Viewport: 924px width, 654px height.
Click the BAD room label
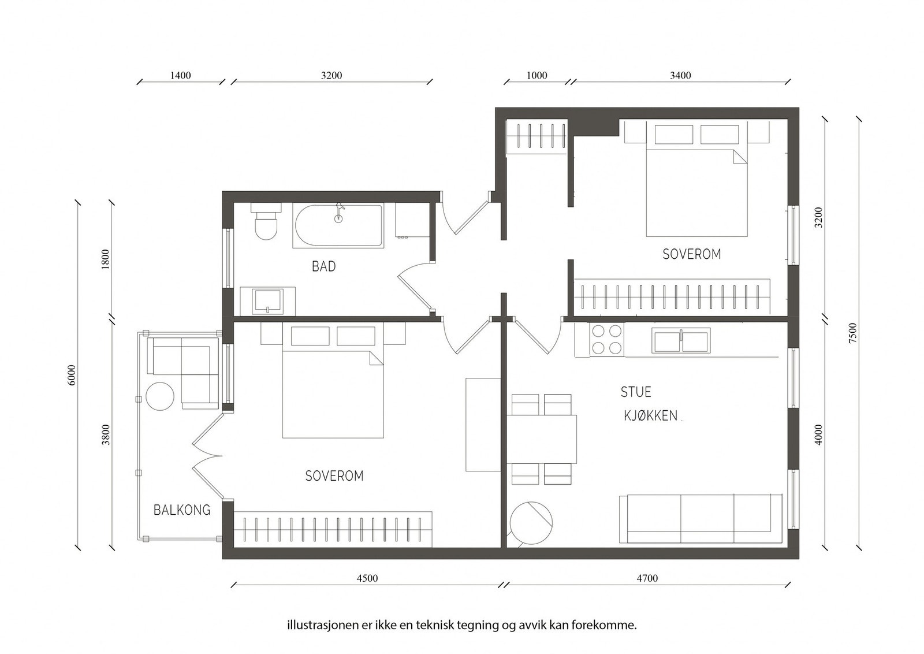[x=323, y=266]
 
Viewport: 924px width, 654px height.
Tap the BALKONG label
[x=182, y=510]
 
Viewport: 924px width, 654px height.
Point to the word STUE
[x=636, y=392]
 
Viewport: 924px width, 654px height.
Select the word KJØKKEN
[x=650, y=415]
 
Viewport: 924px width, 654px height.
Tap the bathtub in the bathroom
[x=338, y=226]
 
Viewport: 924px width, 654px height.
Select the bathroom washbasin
[x=268, y=301]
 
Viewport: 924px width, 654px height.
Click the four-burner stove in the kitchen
[x=606, y=340]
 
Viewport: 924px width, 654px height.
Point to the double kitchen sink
[x=681, y=340]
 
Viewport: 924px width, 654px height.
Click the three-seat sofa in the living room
[x=701, y=519]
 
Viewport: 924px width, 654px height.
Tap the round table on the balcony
[x=160, y=396]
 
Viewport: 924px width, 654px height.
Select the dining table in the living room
[x=541, y=440]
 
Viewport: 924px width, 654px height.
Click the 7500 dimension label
[x=853, y=333]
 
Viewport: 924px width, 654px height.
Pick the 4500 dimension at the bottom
[x=367, y=578]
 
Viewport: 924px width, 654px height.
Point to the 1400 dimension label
[x=181, y=76]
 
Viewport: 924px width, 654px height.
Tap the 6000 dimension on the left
[x=72, y=375]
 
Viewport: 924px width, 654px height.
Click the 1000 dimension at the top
[x=537, y=76]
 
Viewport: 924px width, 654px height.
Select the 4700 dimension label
[x=647, y=578]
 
